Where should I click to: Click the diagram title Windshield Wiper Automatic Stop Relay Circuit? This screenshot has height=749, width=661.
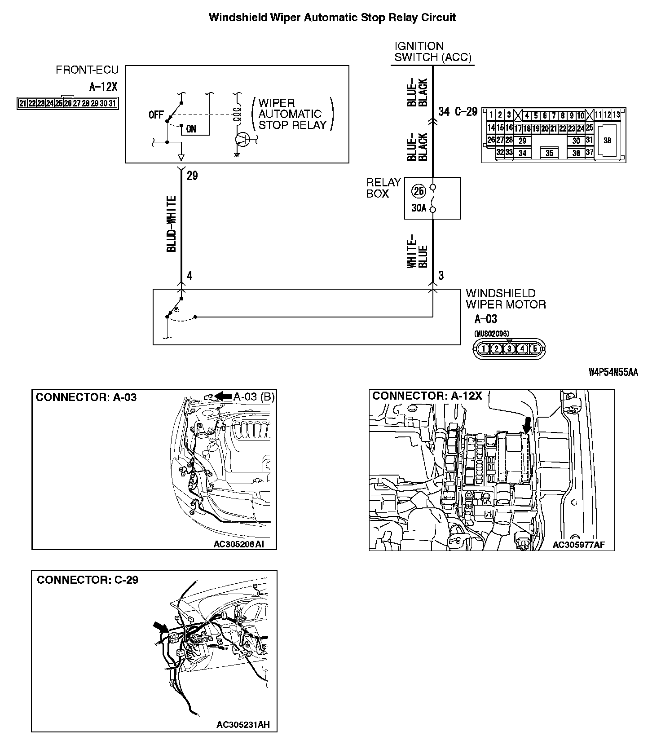pyautogui.click(x=332, y=18)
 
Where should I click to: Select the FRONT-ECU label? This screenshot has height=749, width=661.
pyautogui.click(x=87, y=70)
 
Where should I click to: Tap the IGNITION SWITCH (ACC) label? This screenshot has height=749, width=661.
pyautogui.click(x=432, y=52)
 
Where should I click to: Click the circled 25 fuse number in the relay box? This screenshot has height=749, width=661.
pyautogui.click(x=419, y=191)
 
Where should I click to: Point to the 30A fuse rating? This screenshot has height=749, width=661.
pyautogui.click(x=419, y=208)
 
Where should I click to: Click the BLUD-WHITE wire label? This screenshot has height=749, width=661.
pyautogui.click(x=172, y=224)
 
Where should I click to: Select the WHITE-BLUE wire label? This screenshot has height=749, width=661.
pyautogui.click(x=417, y=251)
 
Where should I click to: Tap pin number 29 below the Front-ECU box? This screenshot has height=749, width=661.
pyautogui.click(x=192, y=176)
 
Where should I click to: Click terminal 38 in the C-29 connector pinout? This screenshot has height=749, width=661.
pyautogui.click(x=607, y=141)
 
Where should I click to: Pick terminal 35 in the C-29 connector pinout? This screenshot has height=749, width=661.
pyautogui.click(x=549, y=153)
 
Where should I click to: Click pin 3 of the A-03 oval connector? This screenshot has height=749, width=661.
pyautogui.click(x=509, y=348)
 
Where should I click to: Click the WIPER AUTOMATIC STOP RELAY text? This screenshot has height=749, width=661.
pyautogui.click(x=292, y=114)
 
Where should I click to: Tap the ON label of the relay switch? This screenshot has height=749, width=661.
pyautogui.click(x=191, y=129)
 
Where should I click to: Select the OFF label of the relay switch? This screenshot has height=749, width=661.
pyautogui.click(x=156, y=115)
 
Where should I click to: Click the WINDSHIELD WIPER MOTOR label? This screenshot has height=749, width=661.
pyautogui.click(x=506, y=299)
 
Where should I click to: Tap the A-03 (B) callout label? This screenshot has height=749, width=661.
pyautogui.click(x=253, y=396)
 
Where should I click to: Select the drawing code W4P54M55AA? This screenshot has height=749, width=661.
pyautogui.click(x=613, y=373)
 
